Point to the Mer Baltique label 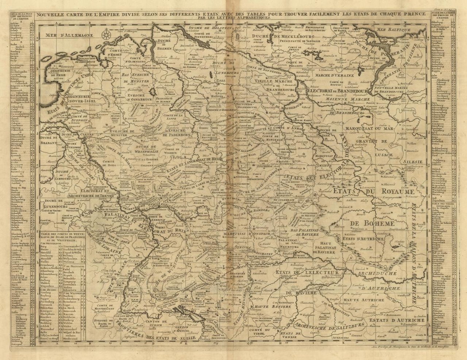pos(392,29)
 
